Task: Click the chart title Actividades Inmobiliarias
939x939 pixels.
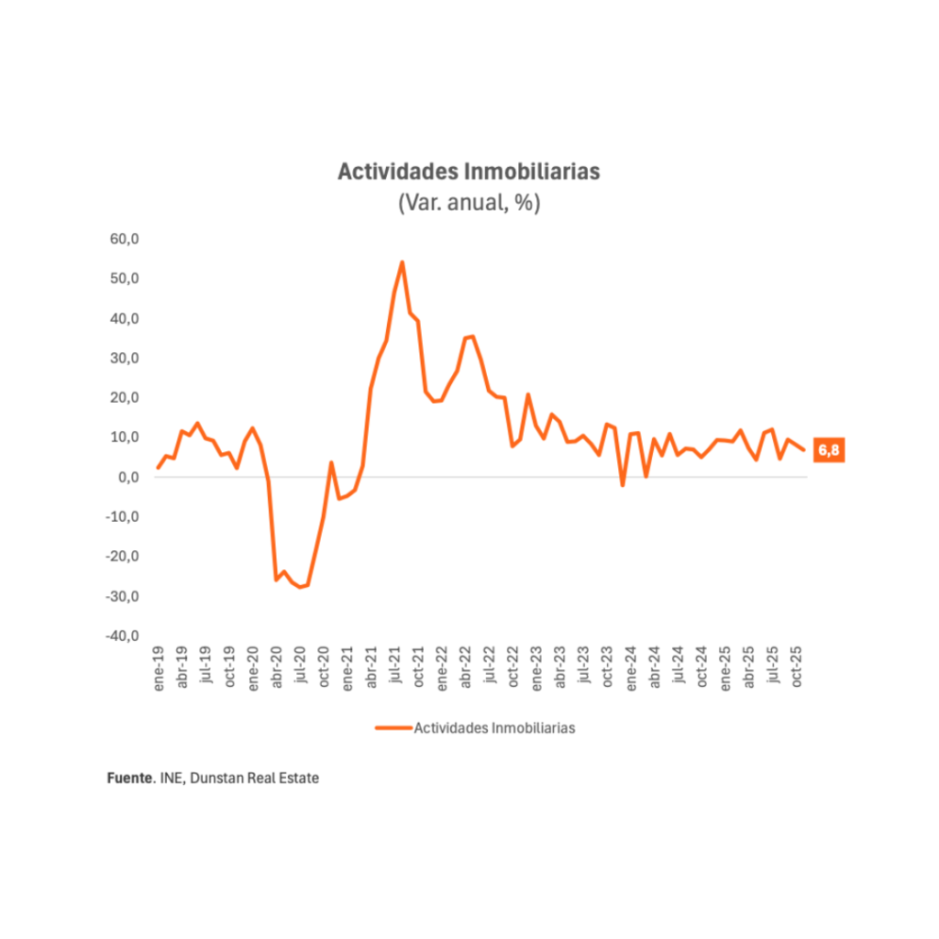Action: tap(469, 172)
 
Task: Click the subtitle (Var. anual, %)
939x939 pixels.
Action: tap(469, 203)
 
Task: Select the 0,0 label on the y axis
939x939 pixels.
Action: tap(127, 477)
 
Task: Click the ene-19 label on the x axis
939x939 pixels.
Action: tap(159, 668)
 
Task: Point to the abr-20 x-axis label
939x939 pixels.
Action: tap(277, 668)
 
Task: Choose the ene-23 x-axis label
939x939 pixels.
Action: tap(537, 668)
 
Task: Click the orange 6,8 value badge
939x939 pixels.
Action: tap(828, 450)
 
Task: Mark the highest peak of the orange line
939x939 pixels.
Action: tap(402, 262)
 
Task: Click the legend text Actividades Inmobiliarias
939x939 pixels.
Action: tap(494, 727)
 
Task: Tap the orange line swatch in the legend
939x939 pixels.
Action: tap(393, 727)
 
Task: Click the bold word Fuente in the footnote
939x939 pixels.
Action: tap(127, 778)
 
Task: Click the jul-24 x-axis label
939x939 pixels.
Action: tap(679, 668)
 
